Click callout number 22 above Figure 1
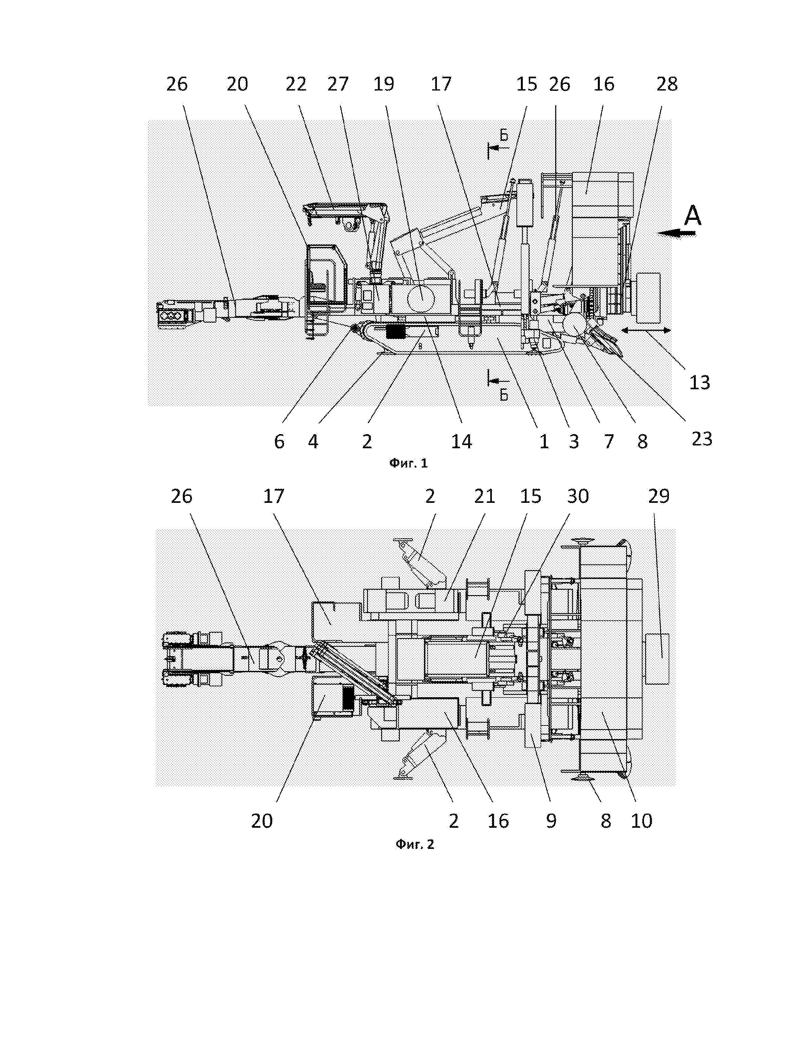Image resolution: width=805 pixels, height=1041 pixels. (296, 84)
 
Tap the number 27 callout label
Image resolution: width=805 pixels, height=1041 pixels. (338, 84)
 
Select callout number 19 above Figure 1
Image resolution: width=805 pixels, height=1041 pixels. (384, 84)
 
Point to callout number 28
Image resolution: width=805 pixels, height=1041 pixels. (667, 84)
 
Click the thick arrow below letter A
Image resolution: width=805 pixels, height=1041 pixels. (676, 233)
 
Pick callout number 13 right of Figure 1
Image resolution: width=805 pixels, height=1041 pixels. (700, 382)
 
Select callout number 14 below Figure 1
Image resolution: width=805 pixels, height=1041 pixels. (462, 442)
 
